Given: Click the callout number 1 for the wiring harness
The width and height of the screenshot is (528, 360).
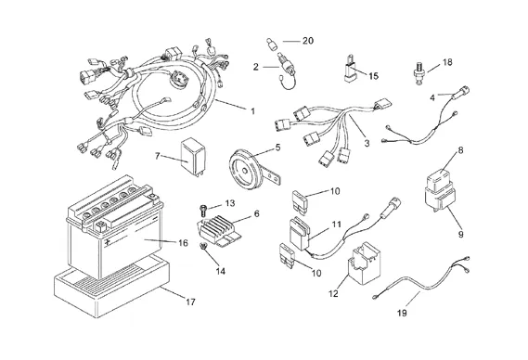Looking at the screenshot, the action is [x=253, y=110].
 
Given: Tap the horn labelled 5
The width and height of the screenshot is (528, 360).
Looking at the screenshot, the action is [x=246, y=171].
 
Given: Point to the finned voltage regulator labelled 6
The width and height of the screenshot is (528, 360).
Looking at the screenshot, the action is [x=215, y=228].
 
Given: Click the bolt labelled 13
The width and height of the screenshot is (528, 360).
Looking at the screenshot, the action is [x=202, y=211].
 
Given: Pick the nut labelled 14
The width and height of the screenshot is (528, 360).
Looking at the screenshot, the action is [x=203, y=247].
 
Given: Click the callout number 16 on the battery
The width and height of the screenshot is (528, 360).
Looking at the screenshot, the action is [x=183, y=243].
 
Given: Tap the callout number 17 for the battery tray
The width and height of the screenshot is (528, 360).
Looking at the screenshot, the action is [x=190, y=302].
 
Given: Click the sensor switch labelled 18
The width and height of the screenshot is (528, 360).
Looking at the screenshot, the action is [x=419, y=73].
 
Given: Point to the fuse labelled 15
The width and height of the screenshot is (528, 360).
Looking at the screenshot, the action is [x=350, y=69].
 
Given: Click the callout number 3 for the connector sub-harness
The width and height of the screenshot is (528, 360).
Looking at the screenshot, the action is [x=367, y=143].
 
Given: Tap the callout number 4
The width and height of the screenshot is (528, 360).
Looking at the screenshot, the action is [x=432, y=97].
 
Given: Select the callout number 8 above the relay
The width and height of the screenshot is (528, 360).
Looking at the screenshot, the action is [x=460, y=150].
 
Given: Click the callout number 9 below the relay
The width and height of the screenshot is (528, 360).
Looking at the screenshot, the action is [x=460, y=234].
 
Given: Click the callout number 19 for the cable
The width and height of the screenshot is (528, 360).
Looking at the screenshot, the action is [x=402, y=313].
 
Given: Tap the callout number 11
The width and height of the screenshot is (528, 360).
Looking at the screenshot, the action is [x=337, y=225].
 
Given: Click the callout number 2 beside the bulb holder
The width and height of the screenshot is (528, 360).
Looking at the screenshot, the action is [x=256, y=67].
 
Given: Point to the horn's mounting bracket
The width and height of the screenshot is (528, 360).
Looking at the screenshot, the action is [x=274, y=177].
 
